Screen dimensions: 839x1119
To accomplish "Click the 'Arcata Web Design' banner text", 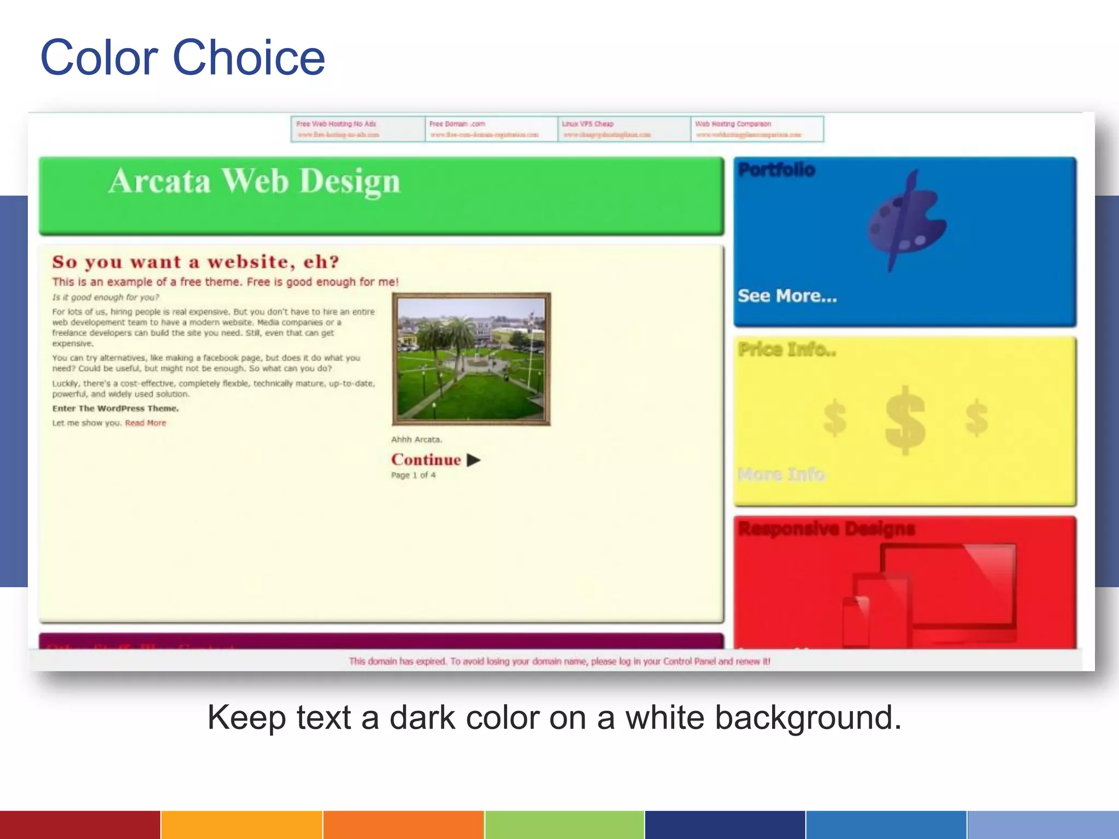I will point(254,181).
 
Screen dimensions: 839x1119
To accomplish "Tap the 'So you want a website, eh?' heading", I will point(196,262).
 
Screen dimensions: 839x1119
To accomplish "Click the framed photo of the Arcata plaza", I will point(471,359).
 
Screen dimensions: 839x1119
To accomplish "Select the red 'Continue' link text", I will point(426,460).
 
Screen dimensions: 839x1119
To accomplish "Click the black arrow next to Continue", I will point(474,460).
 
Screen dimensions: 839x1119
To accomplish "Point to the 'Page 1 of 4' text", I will point(413,475).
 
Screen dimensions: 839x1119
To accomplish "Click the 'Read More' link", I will point(145,423).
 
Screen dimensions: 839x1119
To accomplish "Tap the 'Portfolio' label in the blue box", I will point(776,170).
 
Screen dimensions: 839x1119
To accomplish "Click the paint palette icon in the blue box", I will point(906,221).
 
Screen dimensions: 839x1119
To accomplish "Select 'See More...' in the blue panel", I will point(787,296).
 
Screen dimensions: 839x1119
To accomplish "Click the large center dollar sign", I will point(905,419).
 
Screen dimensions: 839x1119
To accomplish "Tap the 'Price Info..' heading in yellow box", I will point(787,349).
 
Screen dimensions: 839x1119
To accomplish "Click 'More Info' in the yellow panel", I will point(781,474).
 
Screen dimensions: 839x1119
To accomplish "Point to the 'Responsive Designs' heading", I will point(826,529).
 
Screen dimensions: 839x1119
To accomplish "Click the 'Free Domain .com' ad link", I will point(457,124).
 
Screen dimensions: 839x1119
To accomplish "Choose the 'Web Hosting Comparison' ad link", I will point(733,124).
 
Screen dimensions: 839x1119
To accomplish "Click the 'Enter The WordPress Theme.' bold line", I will point(115,408).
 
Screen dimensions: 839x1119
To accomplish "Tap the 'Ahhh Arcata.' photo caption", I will point(416,439).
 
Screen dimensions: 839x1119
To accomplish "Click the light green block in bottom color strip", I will point(564,825).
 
